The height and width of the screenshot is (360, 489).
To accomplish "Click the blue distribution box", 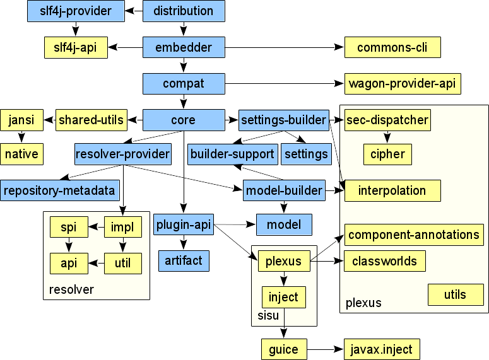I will point(184,11).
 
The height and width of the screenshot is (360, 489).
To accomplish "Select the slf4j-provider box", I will point(75,11).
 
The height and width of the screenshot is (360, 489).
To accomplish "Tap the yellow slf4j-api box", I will point(75,47).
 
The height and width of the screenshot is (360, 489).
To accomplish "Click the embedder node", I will point(184,47).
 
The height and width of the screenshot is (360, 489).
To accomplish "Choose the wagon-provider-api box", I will point(403,83).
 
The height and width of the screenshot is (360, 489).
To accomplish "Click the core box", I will point(184,119).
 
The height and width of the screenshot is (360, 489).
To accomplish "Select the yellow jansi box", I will point(22,119).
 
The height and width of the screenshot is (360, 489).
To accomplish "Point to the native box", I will point(22,154).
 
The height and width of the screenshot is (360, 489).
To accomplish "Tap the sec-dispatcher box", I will point(388,120).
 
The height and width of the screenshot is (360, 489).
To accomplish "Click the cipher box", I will point(387,154).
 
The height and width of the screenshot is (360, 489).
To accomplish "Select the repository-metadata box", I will point(60,190).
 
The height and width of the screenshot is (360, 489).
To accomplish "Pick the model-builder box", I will point(283,190).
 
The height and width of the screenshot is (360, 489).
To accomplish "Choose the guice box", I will point(283,349).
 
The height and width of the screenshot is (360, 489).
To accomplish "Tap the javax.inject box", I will point(381,349).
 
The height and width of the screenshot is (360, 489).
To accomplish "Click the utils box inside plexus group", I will point(454,294).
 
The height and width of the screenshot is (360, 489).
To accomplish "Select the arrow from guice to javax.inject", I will point(324,349).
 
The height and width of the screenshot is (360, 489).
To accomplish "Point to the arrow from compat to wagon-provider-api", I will point(284,83).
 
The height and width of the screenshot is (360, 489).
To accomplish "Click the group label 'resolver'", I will point(71,290).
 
